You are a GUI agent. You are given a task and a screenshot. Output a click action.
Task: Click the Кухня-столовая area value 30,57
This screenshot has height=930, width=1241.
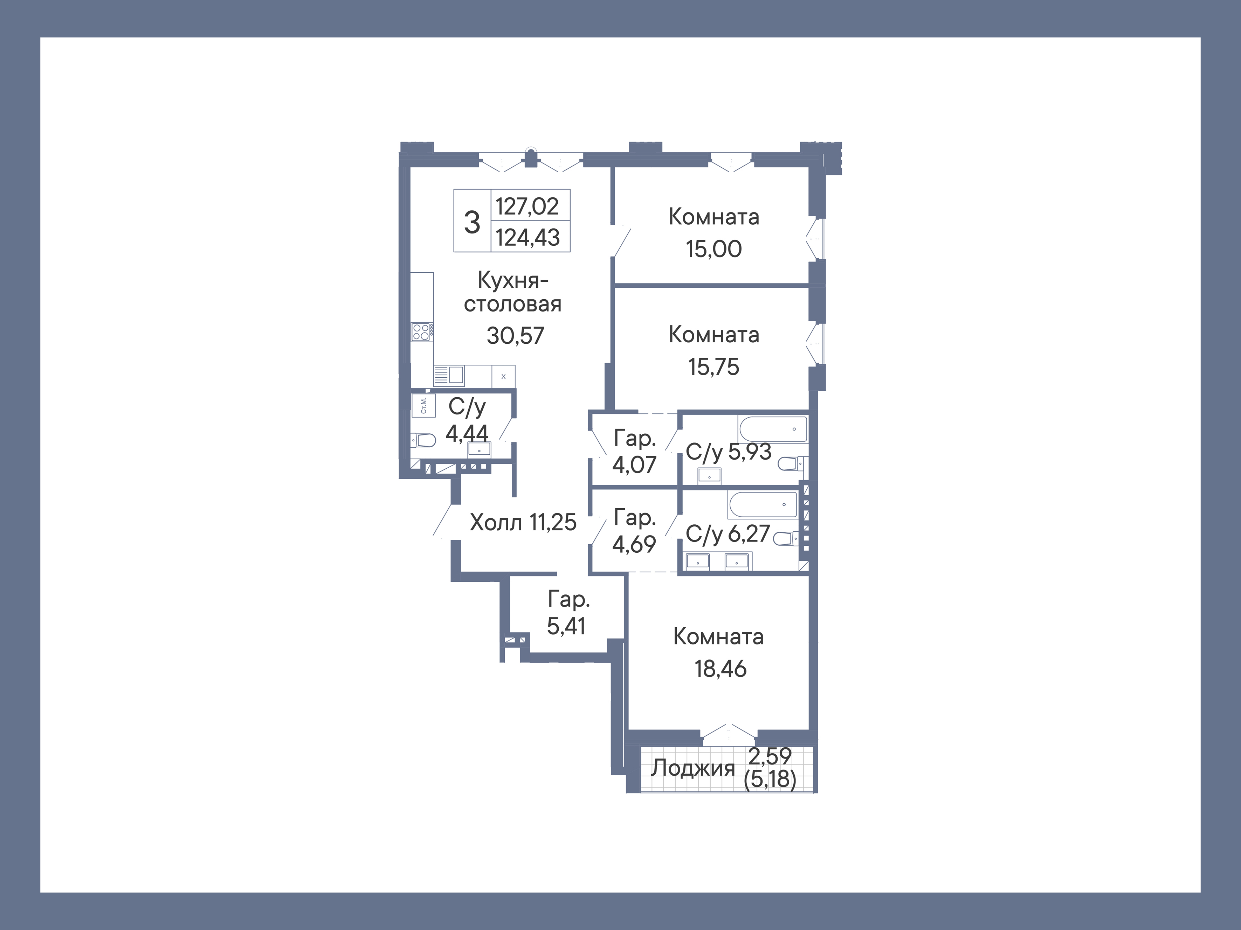click(515, 336)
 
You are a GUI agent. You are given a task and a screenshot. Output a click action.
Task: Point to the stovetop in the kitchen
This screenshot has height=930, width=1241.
click(421, 332)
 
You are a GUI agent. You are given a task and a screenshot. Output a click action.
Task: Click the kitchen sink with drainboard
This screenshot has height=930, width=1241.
click(449, 375)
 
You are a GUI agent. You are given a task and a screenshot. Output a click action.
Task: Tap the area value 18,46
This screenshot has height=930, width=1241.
click(721, 669)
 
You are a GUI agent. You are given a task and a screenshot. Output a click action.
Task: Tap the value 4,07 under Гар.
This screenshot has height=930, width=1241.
click(634, 465)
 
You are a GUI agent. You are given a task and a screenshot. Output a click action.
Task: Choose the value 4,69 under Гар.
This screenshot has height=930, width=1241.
click(634, 544)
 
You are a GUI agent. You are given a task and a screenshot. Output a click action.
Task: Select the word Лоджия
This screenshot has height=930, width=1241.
click(692, 768)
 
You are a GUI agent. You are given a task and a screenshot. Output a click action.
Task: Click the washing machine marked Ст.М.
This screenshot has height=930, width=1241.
click(423, 405)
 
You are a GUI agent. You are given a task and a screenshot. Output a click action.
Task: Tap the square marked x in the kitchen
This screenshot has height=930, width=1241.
click(503, 377)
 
